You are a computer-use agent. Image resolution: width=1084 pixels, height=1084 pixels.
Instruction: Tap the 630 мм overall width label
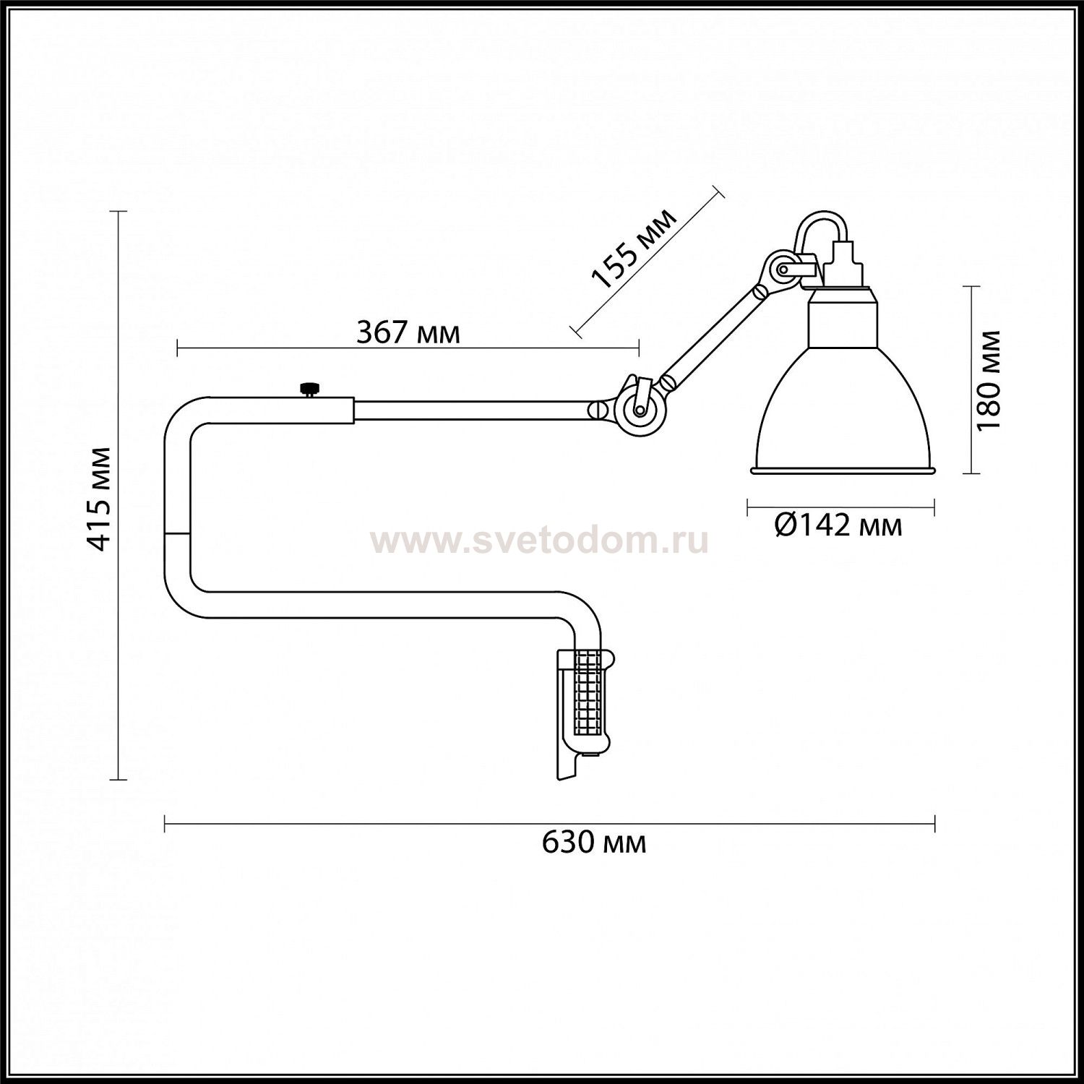click(594, 843)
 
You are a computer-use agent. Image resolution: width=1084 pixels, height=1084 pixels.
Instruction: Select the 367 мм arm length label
click(408, 333)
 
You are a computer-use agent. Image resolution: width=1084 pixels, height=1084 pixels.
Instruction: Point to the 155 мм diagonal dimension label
click(633, 248)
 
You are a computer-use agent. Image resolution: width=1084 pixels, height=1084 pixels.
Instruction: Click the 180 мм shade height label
click(988, 380)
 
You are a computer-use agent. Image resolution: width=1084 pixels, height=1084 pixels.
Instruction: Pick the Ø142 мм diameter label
click(838, 525)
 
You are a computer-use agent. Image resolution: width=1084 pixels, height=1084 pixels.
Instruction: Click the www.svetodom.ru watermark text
click(539, 541)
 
